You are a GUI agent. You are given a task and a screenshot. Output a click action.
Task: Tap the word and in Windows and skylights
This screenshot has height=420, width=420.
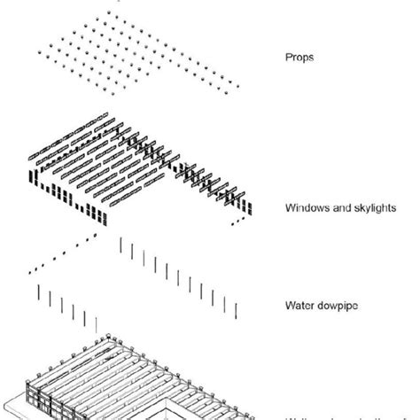(337, 209)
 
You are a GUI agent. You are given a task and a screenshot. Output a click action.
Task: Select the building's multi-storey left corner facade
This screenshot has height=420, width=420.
(39, 394)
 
